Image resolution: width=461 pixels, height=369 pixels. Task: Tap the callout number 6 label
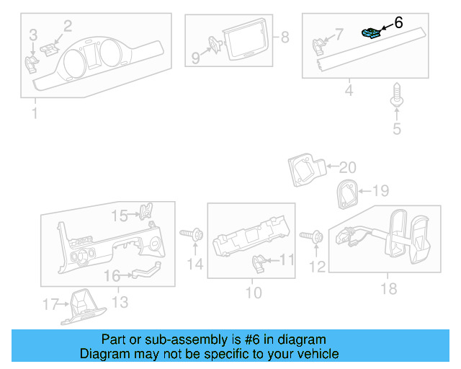398,23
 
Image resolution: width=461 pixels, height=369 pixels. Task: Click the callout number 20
347,168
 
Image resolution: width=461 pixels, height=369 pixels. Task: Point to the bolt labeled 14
192,235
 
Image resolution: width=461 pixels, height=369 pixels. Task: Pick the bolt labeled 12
314,236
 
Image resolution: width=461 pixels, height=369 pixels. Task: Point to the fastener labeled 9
214,46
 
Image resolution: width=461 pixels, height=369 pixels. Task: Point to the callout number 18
389,288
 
